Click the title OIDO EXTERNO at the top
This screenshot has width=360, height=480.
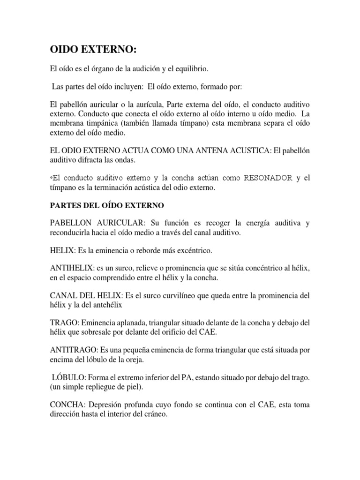click(x=94, y=50)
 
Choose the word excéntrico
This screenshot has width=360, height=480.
click(x=192, y=251)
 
